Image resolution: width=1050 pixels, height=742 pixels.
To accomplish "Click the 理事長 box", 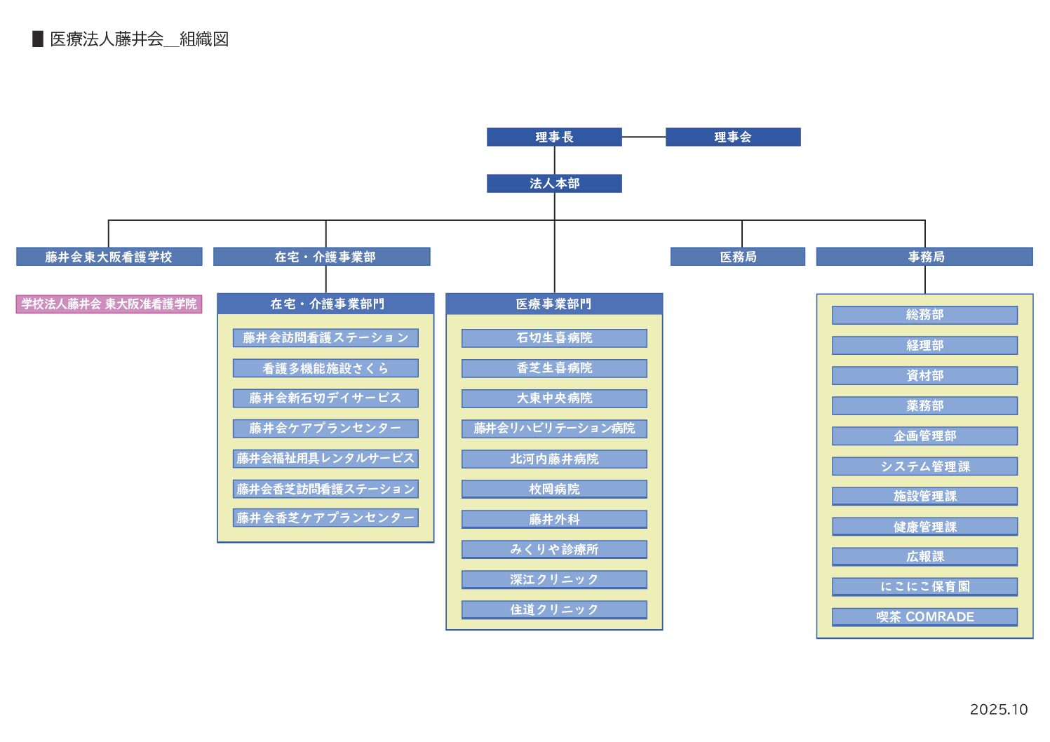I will coord(554,137).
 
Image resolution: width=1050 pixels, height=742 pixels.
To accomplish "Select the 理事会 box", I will coord(732,137).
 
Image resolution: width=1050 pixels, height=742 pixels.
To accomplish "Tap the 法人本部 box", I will coord(554,183).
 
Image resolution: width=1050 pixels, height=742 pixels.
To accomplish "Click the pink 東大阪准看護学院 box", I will coord(109,304).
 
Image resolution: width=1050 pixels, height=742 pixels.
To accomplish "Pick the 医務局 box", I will coord(737,257).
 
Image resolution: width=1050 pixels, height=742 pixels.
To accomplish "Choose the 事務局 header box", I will coord(924,257).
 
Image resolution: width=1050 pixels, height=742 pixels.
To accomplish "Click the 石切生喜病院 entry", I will coord(554,338).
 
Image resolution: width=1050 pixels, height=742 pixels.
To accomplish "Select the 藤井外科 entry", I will coord(554,519).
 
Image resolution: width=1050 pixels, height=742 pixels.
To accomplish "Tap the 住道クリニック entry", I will coord(554,609).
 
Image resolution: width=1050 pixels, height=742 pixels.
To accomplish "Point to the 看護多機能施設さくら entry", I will coord(325,368).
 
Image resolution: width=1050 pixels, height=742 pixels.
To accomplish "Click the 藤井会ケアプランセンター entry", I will coord(325,428).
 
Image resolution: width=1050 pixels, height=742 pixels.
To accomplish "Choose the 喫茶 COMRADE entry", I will coord(924,616).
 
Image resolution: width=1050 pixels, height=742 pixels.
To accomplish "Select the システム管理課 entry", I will coord(924,466).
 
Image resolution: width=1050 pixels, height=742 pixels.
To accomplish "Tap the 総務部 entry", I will coord(924,315).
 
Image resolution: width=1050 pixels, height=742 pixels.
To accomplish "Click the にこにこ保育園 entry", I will coord(924,586).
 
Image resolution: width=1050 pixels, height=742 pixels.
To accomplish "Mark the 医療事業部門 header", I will coord(554,304).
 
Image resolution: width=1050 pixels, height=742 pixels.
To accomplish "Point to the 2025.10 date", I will coord(998,709).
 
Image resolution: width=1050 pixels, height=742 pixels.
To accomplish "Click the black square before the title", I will coord(38,39).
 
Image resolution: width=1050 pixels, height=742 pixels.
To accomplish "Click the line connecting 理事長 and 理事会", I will coord(643,137).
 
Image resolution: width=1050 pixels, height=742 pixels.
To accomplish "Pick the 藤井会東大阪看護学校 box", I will coord(109,257).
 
